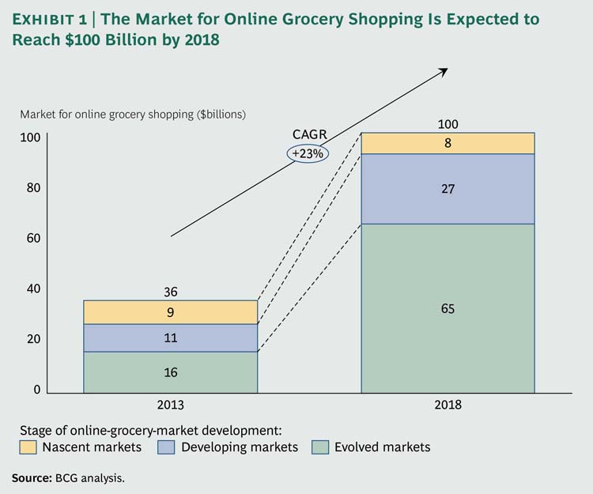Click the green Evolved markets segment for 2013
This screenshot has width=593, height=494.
(x=170, y=372)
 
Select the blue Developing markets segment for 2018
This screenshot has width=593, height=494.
(x=448, y=189)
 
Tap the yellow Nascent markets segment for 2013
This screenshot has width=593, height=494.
(x=170, y=312)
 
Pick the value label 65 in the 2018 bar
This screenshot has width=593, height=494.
(x=448, y=309)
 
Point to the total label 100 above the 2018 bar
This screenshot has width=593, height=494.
(x=448, y=124)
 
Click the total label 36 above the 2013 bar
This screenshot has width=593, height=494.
(x=170, y=292)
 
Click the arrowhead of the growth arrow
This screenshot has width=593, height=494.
(x=444, y=70)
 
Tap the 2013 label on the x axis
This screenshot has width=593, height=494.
(x=170, y=404)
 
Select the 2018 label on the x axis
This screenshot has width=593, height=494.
(x=448, y=404)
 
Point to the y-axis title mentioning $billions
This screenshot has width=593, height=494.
(x=133, y=114)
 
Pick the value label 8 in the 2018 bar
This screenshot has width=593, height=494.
(x=448, y=143)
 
